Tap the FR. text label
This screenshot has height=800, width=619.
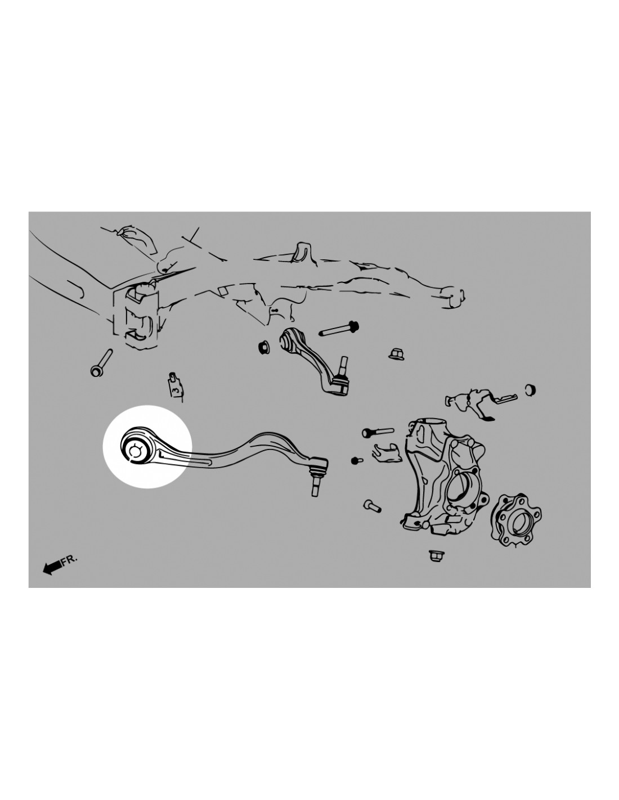(70, 560)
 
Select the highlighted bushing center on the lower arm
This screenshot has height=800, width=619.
(134, 451)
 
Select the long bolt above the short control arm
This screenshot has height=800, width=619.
(339, 329)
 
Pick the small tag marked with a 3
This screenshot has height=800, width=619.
(175, 385)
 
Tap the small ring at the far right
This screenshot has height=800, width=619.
(530, 390)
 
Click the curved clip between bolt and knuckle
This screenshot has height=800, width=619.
(385, 453)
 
